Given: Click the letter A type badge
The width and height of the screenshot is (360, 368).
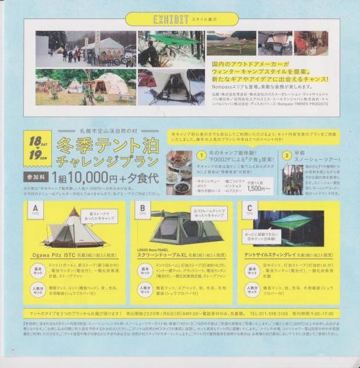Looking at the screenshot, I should [x=34, y=209].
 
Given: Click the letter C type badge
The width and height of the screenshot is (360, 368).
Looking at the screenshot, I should [x=248, y=209].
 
